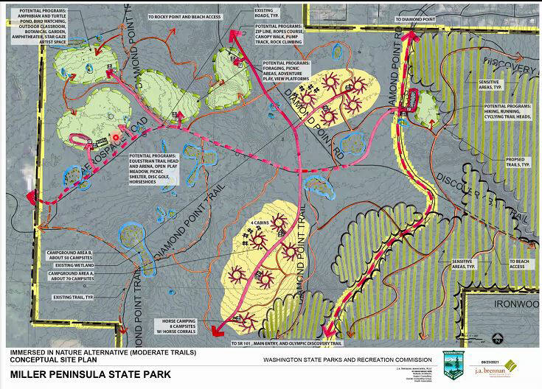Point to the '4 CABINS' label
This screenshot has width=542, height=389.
point(258,222)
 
